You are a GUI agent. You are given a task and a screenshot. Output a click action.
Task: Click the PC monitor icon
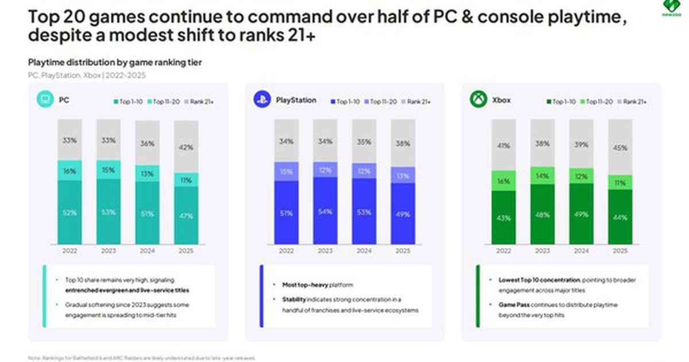[x=44, y=100]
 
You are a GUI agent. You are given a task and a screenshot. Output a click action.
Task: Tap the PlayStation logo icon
[x=262, y=100]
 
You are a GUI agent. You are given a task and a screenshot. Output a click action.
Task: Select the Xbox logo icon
[x=478, y=100]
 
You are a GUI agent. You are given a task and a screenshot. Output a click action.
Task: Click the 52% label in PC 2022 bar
[x=69, y=212]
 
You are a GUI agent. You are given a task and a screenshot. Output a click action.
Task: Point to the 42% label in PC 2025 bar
[x=186, y=147]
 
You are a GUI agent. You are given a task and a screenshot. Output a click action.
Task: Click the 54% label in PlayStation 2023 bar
[x=325, y=212]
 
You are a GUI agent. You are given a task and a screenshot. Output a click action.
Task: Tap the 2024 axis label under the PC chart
[x=148, y=251]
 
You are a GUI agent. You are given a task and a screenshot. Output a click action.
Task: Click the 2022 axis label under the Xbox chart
[x=503, y=251]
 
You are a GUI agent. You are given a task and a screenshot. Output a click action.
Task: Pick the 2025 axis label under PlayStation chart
[x=403, y=251]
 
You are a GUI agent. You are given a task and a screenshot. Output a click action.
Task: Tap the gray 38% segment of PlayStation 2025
[x=403, y=144]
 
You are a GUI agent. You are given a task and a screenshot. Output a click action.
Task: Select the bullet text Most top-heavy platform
[x=317, y=285]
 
